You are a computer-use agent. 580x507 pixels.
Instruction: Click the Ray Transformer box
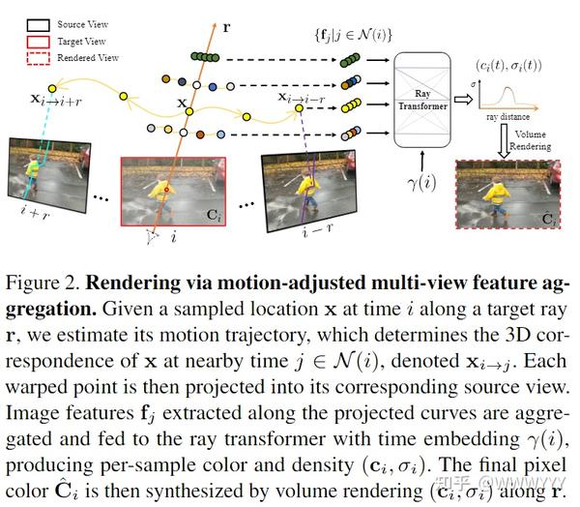coord(422,100)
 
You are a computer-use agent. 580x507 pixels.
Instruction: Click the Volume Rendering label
coord(532,139)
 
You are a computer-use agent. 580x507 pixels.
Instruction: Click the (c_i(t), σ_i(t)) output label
coord(509,66)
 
